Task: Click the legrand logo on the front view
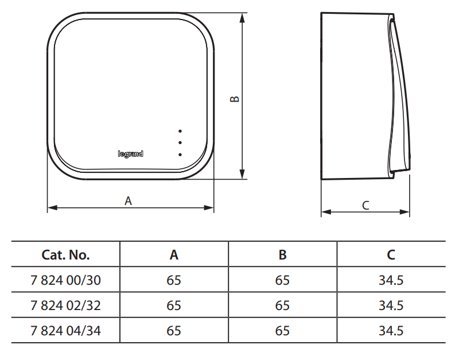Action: point(131,154)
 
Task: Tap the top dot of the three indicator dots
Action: point(180,131)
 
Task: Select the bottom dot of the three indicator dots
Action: point(180,154)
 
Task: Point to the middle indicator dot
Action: point(180,142)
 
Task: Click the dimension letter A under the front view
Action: point(128,201)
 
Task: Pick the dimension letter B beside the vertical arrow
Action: point(235,99)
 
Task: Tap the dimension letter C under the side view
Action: point(365,206)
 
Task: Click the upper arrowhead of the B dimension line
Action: point(242,18)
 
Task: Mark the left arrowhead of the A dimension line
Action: point(52,208)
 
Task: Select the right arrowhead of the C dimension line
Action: point(404,212)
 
